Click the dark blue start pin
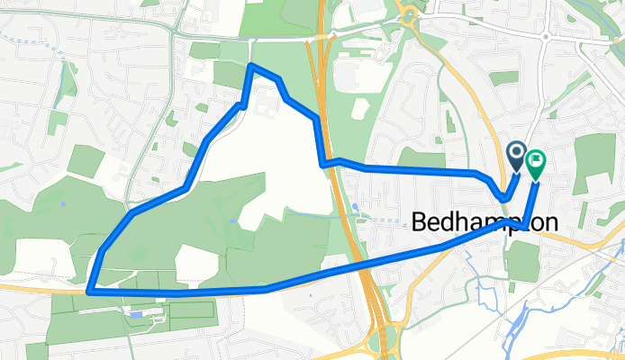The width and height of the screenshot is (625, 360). (x=517, y=156)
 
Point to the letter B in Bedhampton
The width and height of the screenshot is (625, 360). (x=421, y=223)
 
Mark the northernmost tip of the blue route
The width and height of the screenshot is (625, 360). (x=251, y=65)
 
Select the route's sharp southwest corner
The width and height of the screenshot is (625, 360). (x=89, y=291)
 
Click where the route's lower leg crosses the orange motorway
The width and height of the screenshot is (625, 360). (x=369, y=263)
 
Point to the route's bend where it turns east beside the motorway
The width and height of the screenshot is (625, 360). (x=323, y=163)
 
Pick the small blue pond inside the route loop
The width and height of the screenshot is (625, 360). (x=233, y=220)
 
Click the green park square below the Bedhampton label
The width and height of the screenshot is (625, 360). (x=521, y=261)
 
